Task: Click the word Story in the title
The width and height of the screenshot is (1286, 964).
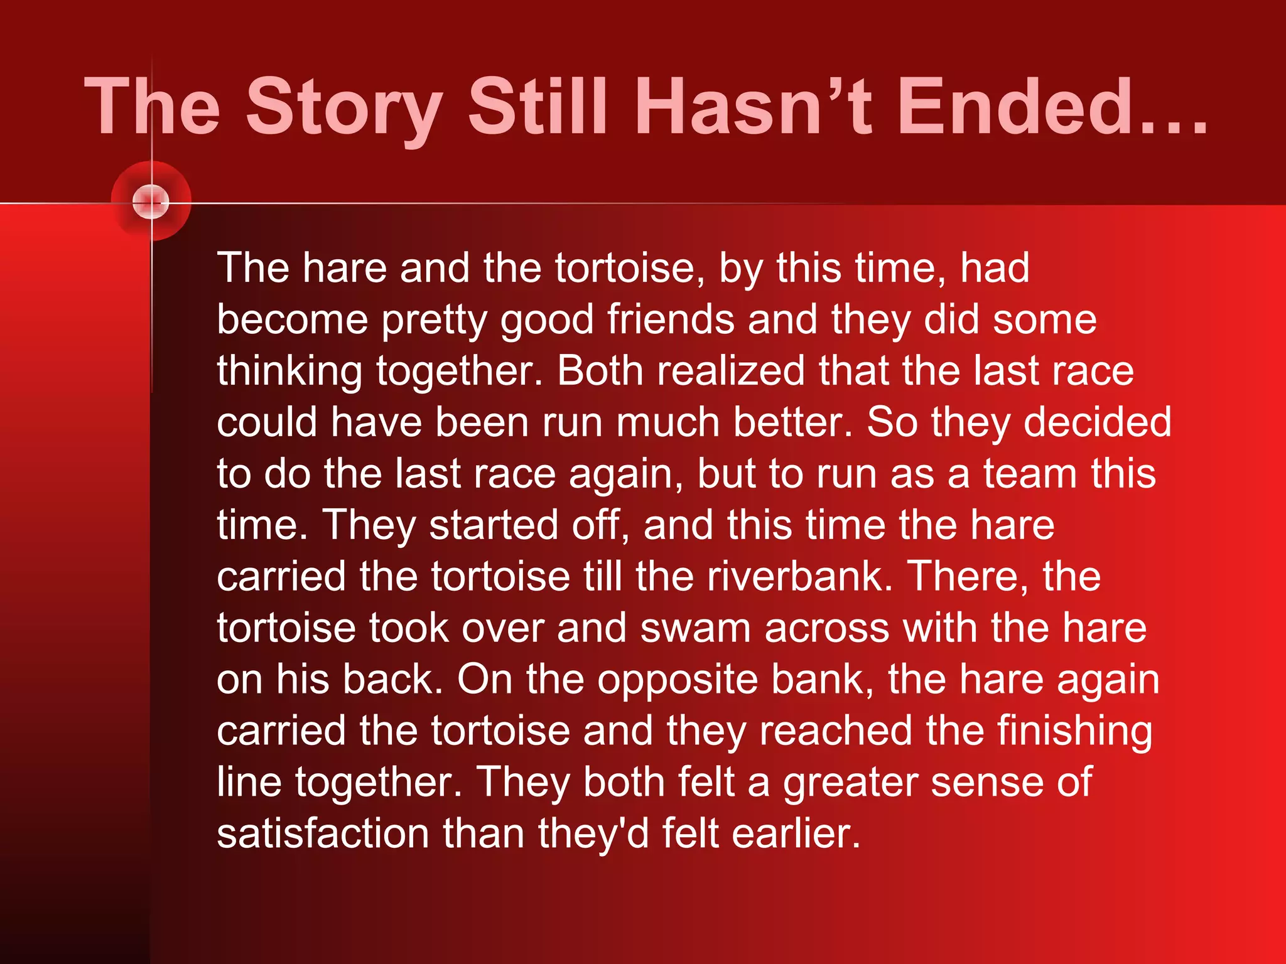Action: pos(345,107)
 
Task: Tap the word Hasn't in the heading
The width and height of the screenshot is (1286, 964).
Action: pos(753,107)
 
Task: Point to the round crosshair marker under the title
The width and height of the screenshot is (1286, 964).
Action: pos(151,202)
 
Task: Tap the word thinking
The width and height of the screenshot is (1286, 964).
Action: pos(289,372)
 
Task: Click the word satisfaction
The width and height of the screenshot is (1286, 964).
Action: pos(323,834)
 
